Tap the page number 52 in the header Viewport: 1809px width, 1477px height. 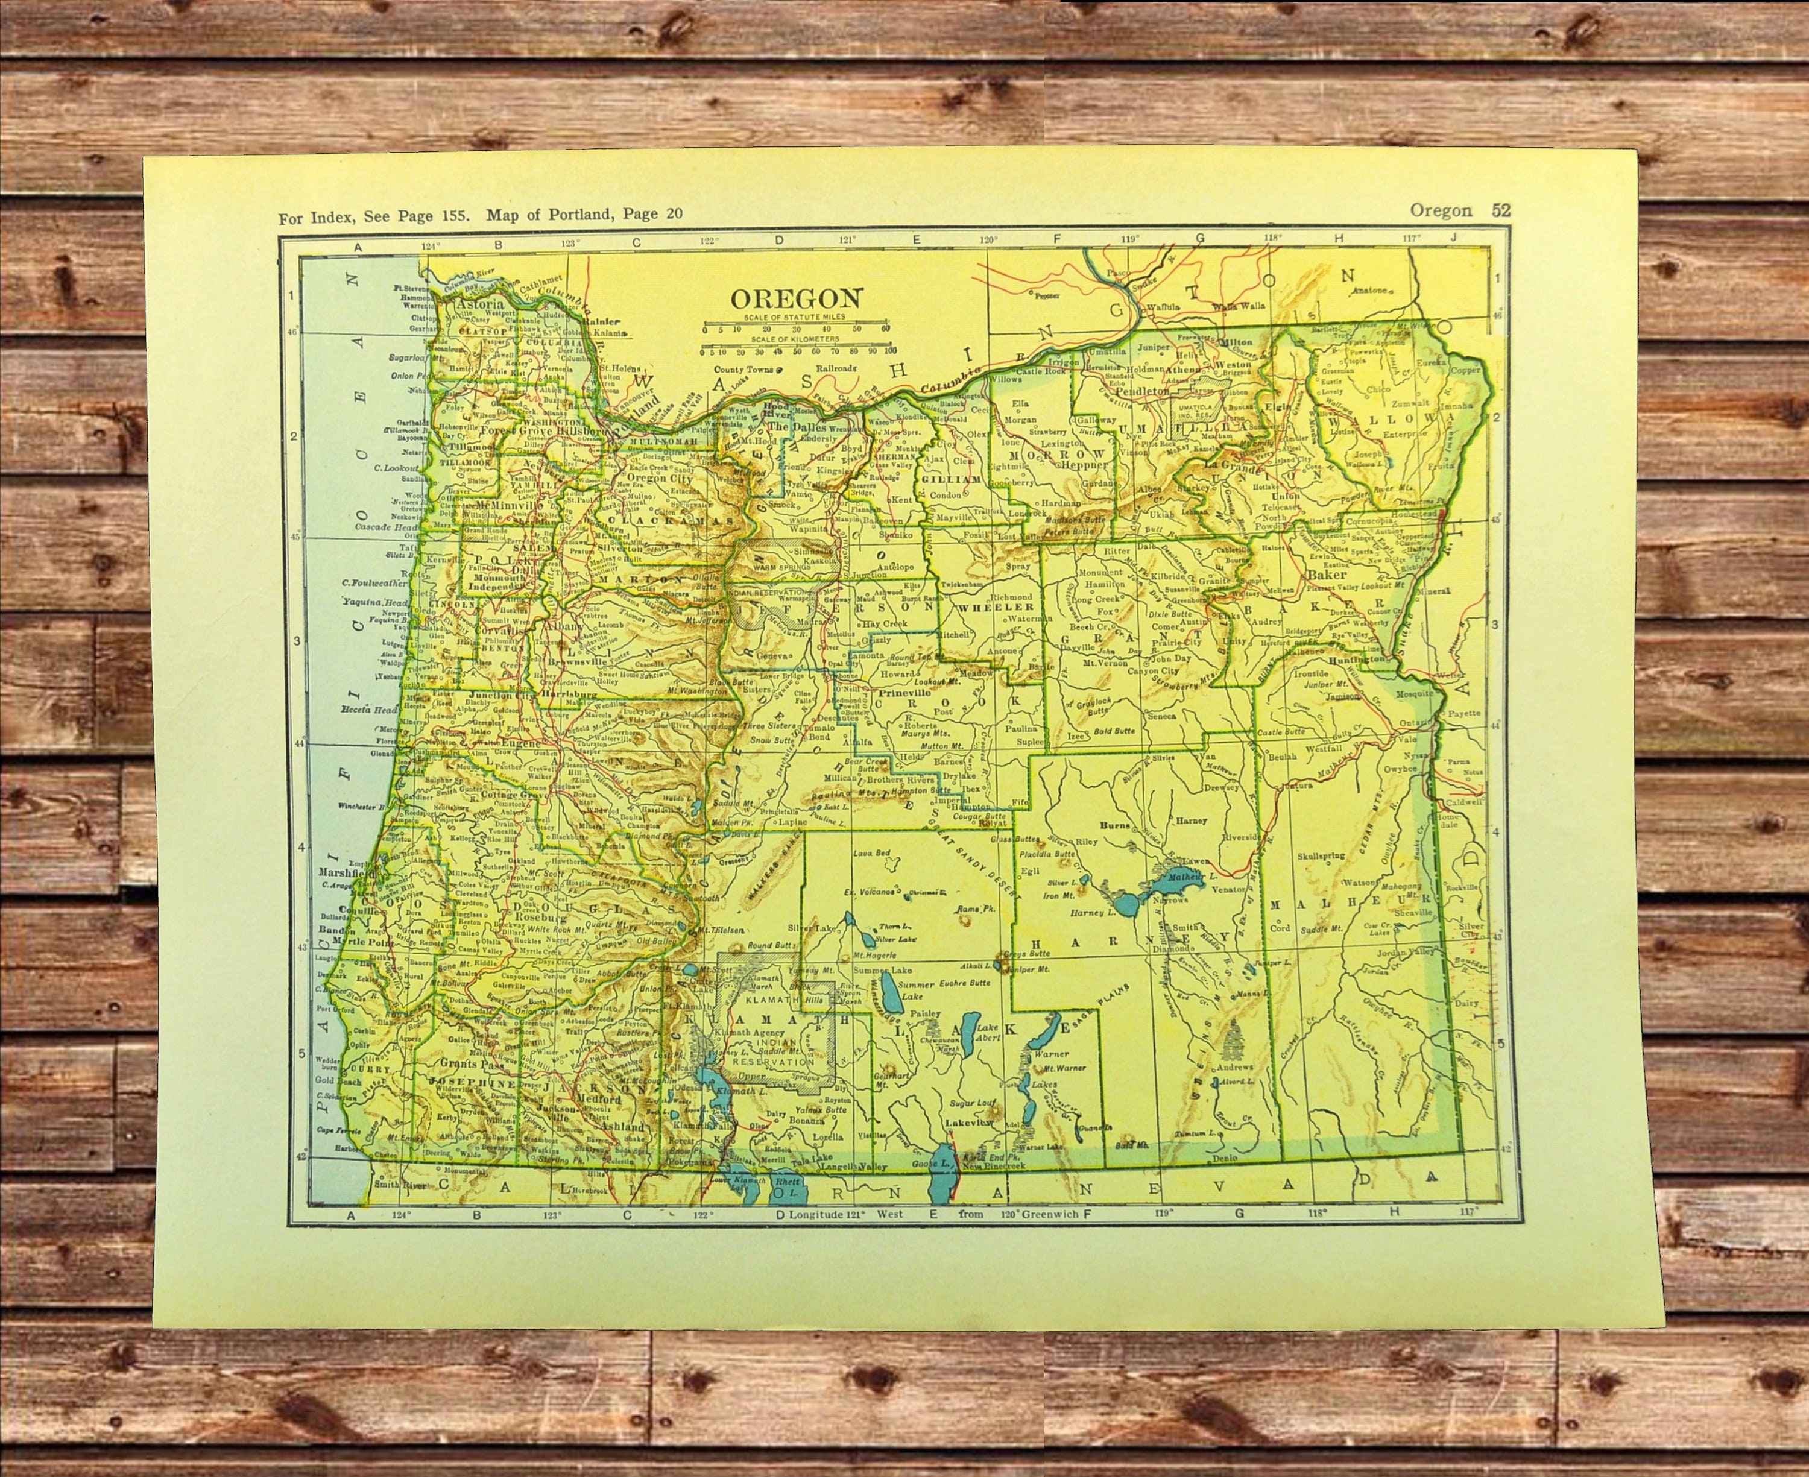coord(1501,210)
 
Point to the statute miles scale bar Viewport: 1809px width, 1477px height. coord(795,326)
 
